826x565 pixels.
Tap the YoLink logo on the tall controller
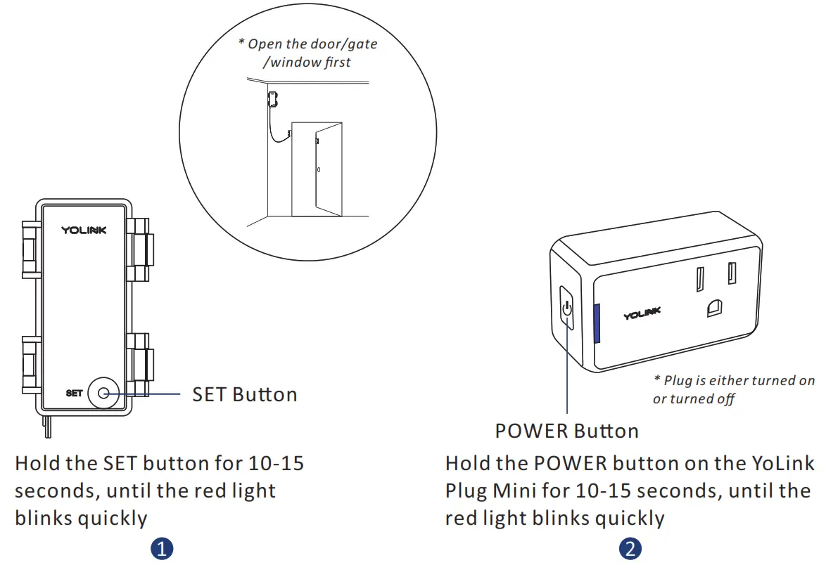84,230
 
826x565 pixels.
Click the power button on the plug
567,308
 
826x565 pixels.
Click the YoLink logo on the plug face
642,313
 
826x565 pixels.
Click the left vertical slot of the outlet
701,279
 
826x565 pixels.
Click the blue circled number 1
163,549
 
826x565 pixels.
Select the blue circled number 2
630,549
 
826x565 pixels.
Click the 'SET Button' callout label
244,394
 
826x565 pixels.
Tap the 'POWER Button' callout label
566,431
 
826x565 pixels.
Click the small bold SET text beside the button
74,394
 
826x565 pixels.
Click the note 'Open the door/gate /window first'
307,53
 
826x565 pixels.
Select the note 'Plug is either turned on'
734,381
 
